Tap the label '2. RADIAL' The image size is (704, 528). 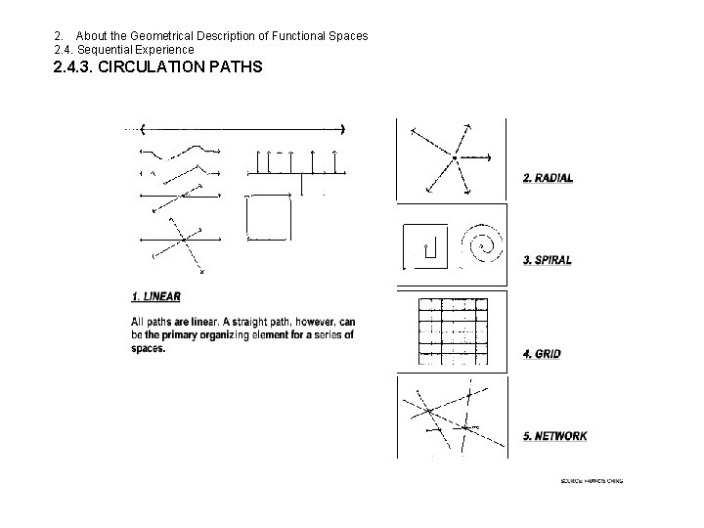point(548,178)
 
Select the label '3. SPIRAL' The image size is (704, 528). point(548,260)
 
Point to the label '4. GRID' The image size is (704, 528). point(542,353)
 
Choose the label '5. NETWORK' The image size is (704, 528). point(554,436)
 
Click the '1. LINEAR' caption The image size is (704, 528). point(155,296)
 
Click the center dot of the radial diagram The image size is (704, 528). point(454,156)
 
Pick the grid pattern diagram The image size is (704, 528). point(453,330)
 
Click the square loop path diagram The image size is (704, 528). point(268,217)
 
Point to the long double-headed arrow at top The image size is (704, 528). point(243,129)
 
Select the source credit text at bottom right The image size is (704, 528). point(593,481)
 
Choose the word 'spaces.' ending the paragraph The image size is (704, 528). point(149,348)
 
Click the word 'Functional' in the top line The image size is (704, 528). point(288,36)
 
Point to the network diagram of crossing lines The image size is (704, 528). point(451,417)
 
